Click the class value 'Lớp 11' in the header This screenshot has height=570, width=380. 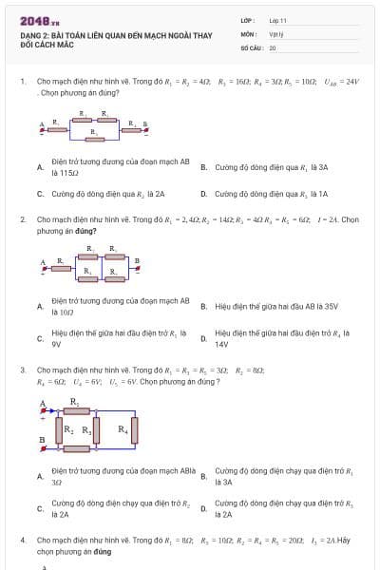coord(277,20)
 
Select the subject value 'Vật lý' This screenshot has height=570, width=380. coord(275,33)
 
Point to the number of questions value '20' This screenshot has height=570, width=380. coord(273,47)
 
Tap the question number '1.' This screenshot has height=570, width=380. coord(23,82)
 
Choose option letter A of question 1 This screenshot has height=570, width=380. coord(40,167)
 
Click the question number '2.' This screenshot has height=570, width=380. coord(23,219)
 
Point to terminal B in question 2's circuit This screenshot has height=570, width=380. coord(137,259)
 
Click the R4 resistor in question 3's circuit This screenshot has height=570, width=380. coord(123,429)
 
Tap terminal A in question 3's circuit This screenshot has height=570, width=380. coord(44,404)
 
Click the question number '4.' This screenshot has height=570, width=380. coord(23,540)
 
